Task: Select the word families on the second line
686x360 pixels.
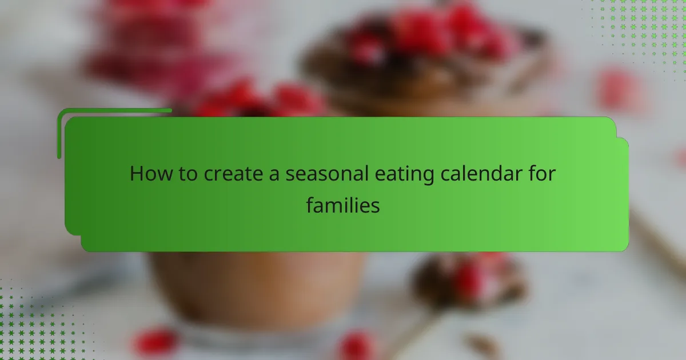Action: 343,205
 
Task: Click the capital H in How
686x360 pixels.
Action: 136,173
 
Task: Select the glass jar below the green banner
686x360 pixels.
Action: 257,286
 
